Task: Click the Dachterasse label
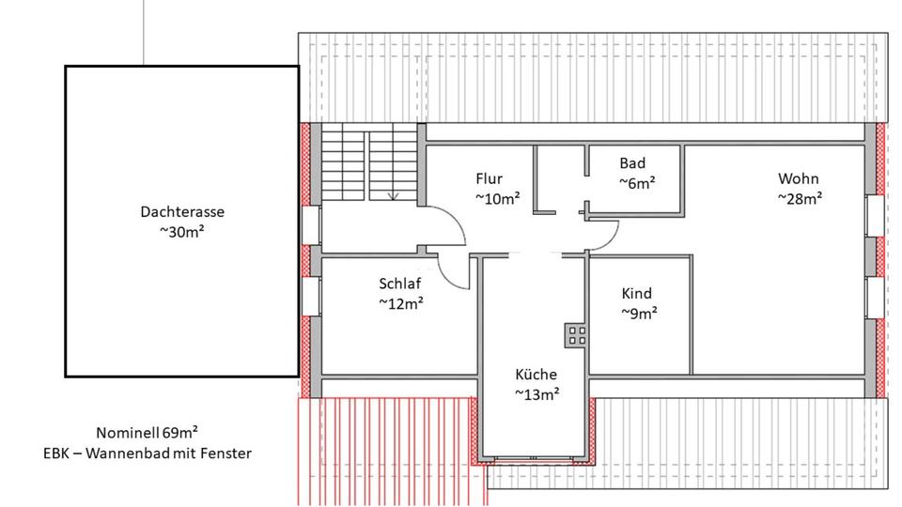[x=182, y=211]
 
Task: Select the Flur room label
[x=489, y=178]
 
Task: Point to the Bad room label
[x=632, y=163]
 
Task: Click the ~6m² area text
[x=636, y=183]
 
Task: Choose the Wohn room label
[x=799, y=178]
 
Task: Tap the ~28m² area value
[x=800, y=198]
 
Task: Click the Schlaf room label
[x=399, y=284]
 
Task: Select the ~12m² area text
[x=400, y=303]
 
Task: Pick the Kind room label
[x=636, y=293]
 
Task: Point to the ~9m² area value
[x=639, y=313]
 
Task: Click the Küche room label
[x=536, y=374]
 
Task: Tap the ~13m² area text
[x=537, y=393]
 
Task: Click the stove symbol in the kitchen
[x=575, y=335]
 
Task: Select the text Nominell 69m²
[x=147, y=433]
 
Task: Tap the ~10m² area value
[x=497, y=198]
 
